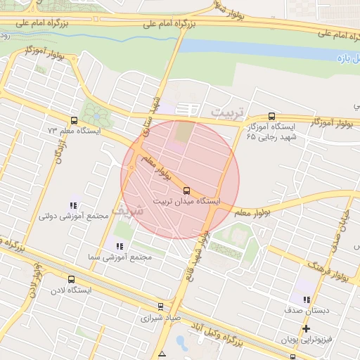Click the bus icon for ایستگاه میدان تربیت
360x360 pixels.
[x=186, y=190]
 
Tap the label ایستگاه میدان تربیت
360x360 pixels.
[x=186, y=201]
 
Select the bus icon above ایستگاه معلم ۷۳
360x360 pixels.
[x=75, y=120]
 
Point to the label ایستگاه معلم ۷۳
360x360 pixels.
[x=75, y=131]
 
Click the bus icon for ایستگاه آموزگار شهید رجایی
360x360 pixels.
[x=272, y=117]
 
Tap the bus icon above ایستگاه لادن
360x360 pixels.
[x=70, y=279]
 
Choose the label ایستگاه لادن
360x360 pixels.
[x=70, y=290]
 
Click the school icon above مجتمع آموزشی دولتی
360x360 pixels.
[x=72, y=205]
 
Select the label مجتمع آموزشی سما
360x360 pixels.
[x=120, y=257]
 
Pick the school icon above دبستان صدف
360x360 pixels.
[x=307, y=300]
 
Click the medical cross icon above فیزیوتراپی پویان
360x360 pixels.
[x=307, y=328]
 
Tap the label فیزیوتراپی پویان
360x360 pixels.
[x=307, y=340]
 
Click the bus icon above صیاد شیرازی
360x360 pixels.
[x=161, y=307]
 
